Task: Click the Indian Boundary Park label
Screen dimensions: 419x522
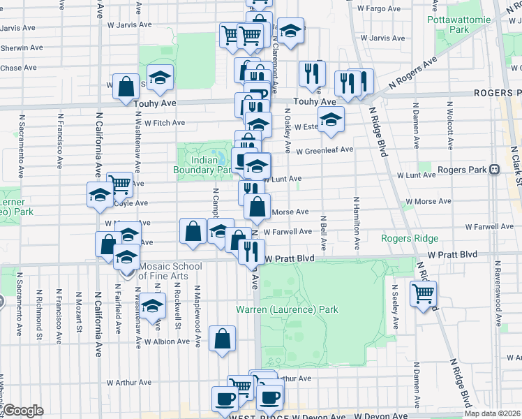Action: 202,165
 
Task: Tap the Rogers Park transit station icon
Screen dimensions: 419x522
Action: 495,169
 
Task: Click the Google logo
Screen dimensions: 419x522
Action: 22,411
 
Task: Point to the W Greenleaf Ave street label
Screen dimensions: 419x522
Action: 325,150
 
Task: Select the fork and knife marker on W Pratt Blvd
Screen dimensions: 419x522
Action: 251,251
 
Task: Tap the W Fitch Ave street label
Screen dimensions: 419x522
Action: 164,123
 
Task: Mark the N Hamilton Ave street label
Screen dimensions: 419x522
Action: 357,223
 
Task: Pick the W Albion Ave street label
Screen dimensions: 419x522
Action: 167,341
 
